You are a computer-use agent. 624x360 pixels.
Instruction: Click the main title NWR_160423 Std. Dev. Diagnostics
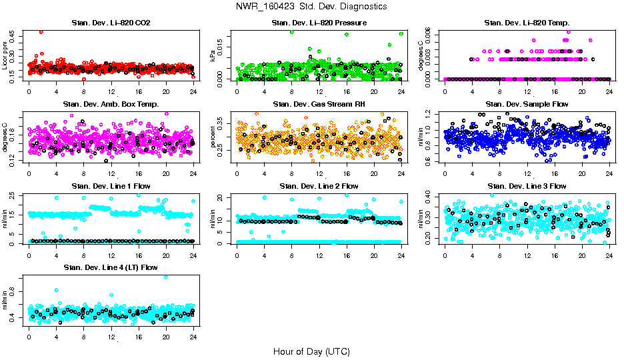point(311,7)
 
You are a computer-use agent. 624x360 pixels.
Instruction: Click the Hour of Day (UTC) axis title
point(311,351)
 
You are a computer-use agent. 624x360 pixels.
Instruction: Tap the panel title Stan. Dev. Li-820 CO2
point(111,23)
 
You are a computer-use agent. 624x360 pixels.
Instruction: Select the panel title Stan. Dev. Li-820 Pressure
point(319,23)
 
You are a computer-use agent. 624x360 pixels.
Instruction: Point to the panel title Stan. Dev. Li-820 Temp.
point(527,23)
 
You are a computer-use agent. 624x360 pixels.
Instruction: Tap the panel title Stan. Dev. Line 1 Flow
point(111,185)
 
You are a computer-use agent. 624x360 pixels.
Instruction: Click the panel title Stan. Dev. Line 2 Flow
point(319,185)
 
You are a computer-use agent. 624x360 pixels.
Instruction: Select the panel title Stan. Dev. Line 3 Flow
point(527,185)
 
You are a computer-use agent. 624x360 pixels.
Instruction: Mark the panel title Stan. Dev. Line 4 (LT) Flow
point(111,267)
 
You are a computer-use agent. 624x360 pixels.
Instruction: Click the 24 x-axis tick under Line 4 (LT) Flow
point(193,335)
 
